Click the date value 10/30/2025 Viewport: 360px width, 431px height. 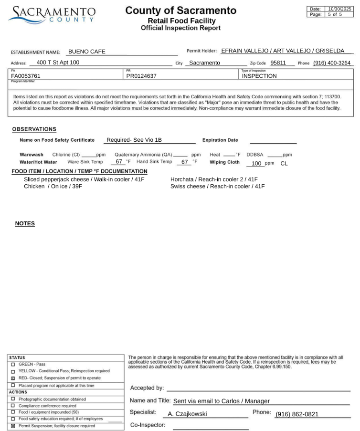point(339,9)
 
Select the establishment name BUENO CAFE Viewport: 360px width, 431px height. point(87,52)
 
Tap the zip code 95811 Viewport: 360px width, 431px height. point(278,63)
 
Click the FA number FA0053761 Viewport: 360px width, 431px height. point(26,76)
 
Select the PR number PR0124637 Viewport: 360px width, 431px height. point(141,76)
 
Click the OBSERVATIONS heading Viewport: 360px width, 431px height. point(34,129)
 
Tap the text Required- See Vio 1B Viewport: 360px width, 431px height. point(134,140)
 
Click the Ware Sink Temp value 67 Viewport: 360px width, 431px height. point(119,162)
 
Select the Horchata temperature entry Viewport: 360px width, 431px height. point(214,179)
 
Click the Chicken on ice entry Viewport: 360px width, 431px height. point(53,186)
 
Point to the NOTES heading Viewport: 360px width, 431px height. point(25,223)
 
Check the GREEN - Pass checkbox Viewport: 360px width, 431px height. point(13,365)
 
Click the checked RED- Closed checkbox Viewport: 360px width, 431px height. point(13,378)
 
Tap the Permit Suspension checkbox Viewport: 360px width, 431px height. point(13,426)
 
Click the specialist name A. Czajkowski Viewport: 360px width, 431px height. point(187,414)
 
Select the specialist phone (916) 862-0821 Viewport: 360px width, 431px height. point(297,414)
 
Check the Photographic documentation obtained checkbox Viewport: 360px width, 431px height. point(13,399)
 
